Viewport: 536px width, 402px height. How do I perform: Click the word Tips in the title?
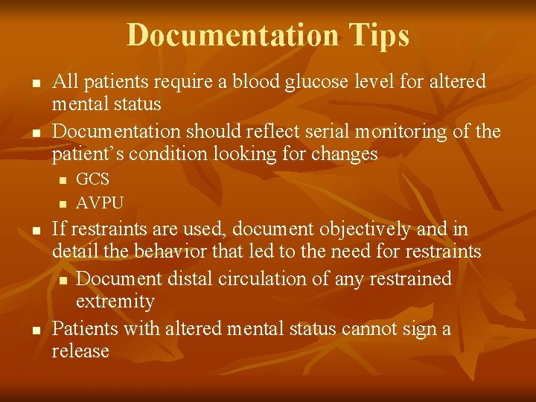point(377,36)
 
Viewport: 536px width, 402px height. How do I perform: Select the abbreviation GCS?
point(93,179)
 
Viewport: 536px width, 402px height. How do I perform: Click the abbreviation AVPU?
point(100,202)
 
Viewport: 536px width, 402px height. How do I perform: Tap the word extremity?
point(115,301)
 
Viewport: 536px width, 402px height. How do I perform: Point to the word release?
point(80,351)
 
